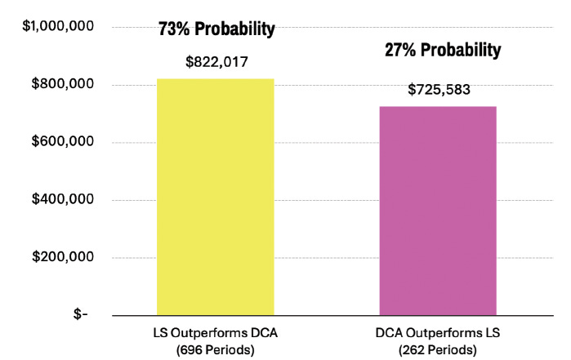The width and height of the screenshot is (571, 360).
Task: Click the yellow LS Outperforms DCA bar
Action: (x=215, y=197)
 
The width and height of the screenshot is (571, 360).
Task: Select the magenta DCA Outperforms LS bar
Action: (x=438, y=211)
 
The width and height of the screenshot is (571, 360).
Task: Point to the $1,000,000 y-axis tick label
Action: (x=58, y=26)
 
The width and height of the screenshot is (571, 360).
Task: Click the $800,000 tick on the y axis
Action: (x=63, y=84)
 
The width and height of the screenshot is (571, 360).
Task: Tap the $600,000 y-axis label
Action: (x=63, y=141)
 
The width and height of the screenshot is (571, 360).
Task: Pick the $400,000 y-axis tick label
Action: (x=63, y=198)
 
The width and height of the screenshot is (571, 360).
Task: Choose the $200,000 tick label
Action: (x=63, y=256)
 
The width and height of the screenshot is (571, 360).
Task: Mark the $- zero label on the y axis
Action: (x=81, y=313)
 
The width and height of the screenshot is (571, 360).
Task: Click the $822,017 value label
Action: (x=216, y=62)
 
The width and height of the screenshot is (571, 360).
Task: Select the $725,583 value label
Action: (x=439, y=90)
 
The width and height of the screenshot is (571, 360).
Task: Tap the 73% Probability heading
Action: (x=216, y=29)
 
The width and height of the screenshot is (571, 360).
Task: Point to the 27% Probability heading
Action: (x=443, y=50)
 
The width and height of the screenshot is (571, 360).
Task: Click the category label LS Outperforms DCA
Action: (x=215, y=333)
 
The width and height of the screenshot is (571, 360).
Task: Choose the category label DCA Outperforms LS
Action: (x=438, y=333)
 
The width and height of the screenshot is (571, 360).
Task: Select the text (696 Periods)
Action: (x=215, y=350)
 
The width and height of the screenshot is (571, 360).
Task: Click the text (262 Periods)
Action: (x=437, y=350)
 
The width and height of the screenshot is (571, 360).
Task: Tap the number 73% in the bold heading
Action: (x=174, y=29)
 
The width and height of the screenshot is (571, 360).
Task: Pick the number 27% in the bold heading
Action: (x=400, y=50)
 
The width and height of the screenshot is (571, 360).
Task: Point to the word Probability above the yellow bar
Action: (x=235, y=29)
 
